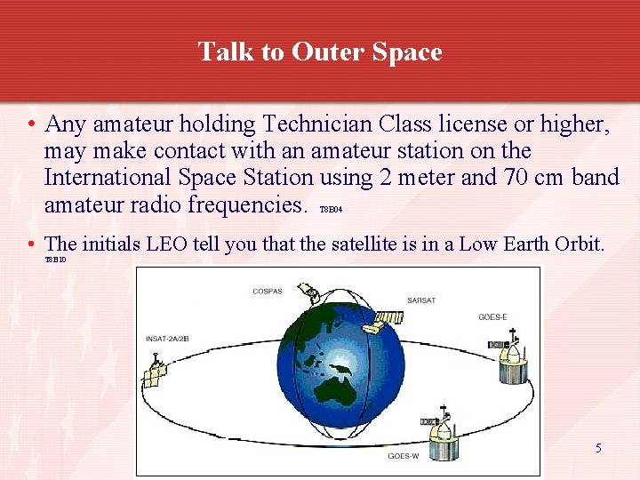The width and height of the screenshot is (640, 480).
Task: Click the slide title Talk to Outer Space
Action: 320,52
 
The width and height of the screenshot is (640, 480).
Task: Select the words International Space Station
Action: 179,178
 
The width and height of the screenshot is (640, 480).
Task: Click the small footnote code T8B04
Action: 330,210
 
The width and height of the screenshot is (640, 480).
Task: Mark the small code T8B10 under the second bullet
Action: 55,260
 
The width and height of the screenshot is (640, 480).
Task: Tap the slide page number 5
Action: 598,448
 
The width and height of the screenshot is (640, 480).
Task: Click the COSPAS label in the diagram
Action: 267,291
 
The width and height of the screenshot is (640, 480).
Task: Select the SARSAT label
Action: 420,300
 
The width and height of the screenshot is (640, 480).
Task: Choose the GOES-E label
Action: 492,317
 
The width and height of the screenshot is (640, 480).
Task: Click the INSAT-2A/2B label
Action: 166,339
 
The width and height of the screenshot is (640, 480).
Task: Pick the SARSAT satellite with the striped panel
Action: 385,317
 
